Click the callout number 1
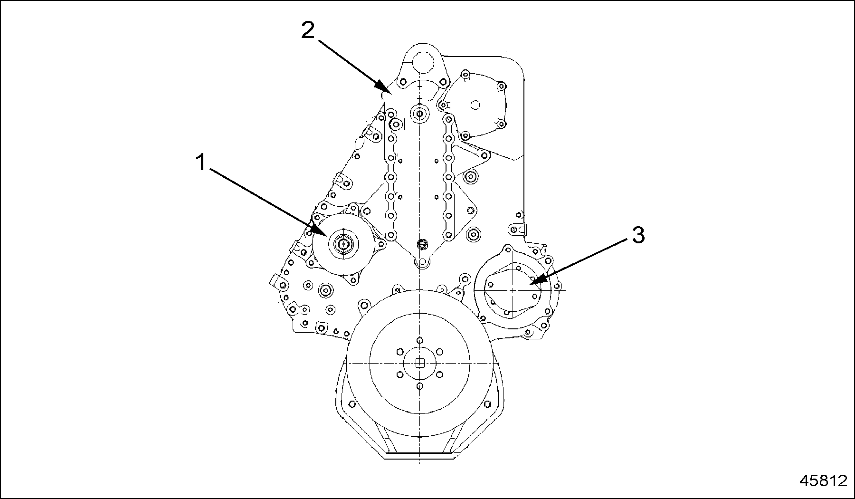click(201, 163)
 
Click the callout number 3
click(638, 235)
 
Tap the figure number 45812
click(823, 480)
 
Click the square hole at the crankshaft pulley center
click(419, 363)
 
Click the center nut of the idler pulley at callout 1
click(342, 244)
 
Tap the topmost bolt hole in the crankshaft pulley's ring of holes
click(419, 340)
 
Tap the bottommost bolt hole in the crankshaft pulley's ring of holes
click(419, 386)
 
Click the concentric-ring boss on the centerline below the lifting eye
click(420, 114)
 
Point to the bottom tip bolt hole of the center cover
click(420, 262)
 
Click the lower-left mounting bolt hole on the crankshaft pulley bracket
click(352, 404)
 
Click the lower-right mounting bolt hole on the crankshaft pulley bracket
click(487, 404)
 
